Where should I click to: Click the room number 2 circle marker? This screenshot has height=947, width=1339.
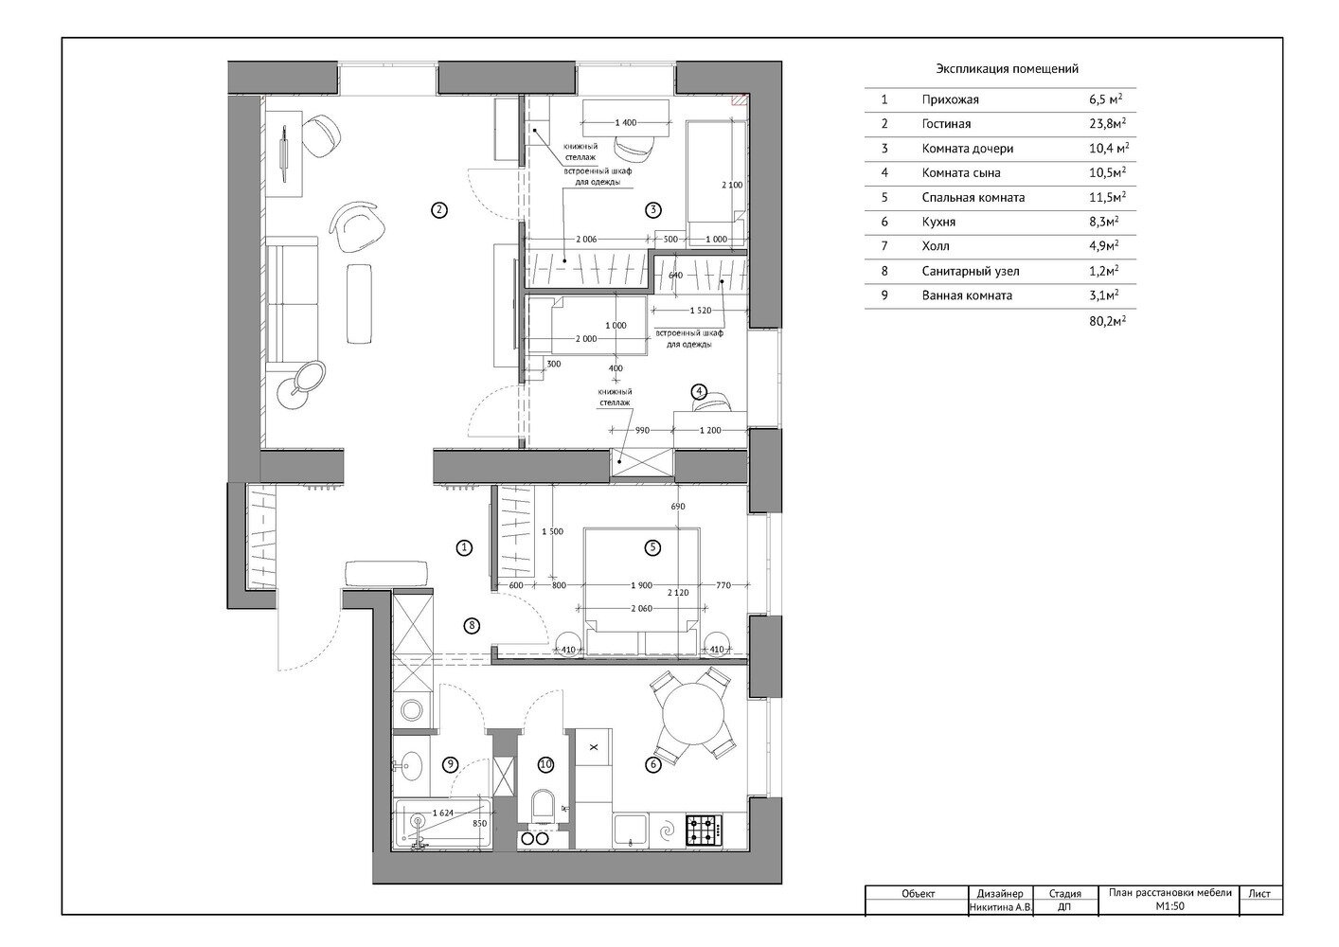(437, 210)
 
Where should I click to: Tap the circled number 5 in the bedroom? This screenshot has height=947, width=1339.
(652, 546)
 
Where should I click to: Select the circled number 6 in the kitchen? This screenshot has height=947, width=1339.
(652, 765)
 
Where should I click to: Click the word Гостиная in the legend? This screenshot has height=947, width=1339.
(945, 124)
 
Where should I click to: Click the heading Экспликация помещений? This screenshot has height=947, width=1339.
(1007, 69)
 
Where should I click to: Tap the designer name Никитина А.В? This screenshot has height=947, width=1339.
(996, 907)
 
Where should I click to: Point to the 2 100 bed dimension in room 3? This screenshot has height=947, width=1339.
(731, 185)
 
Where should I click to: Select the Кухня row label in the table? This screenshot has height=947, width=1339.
(938, 222)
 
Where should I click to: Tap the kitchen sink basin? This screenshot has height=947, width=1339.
(628, 831)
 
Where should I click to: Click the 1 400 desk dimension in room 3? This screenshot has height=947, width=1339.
(625, 123)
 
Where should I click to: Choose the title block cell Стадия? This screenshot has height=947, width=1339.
(1065, 893)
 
